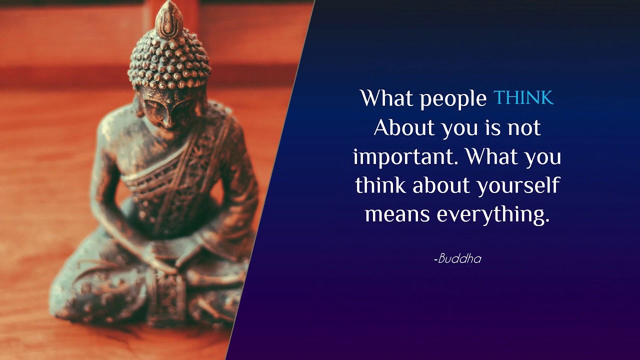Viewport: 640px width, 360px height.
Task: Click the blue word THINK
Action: (x=523, y=97)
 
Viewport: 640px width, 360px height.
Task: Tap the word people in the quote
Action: (x=453, y=99)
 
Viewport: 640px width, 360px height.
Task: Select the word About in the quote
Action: (x=404, y=127)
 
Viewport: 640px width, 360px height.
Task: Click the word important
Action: (x=403, y=157)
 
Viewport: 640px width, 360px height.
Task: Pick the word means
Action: (x=397, y=215)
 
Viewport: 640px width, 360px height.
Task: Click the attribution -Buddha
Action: (x=457, y=258)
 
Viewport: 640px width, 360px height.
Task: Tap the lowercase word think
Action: (x=380, y=184)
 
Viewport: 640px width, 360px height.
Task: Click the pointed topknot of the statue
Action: (x=169, y=19)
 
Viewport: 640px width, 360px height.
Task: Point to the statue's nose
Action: (x=167, y=119)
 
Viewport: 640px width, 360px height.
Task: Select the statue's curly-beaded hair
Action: (x=169, y=61)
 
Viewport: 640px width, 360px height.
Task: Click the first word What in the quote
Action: (x=386, y=97)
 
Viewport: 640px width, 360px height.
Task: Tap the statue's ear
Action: (x=139, y=105)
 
